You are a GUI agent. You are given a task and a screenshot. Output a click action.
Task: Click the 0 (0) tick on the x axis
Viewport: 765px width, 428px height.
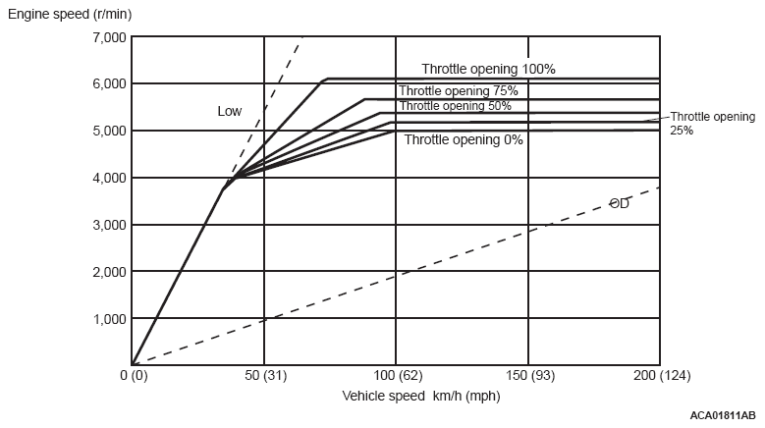[134, 375]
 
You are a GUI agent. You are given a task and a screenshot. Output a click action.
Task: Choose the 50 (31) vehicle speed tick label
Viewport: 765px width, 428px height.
[264, 375]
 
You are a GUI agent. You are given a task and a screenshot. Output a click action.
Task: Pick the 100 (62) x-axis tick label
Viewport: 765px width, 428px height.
[396, 375]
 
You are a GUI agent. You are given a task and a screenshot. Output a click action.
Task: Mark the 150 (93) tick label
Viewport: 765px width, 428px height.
[528, 375]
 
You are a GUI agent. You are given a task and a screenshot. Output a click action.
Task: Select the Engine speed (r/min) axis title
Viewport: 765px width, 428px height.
[69, 15]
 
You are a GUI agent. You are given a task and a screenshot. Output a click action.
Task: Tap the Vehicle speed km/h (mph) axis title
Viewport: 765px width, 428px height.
[420, 397]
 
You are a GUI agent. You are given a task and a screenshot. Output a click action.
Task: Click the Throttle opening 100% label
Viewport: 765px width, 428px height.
[488, 70]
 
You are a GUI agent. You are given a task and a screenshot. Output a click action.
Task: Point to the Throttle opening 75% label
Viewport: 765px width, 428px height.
[458, 91]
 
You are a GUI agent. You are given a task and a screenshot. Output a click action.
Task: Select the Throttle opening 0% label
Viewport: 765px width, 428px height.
[464, 139]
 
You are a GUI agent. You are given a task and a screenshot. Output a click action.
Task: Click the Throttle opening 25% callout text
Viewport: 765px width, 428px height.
[712, 123]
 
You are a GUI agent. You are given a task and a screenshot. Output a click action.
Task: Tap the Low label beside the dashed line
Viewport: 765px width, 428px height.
[229, 112]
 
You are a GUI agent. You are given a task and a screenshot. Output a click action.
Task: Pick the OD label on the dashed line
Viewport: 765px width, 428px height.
[619, 203]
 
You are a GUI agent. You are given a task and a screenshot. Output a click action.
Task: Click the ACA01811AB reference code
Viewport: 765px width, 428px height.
[722, 416]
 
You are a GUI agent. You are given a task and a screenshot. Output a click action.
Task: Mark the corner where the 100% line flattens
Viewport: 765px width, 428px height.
[327, 79]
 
